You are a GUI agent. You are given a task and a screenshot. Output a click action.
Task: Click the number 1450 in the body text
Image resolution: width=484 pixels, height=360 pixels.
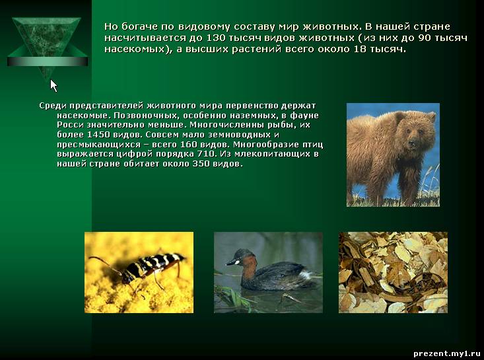click(100, 135)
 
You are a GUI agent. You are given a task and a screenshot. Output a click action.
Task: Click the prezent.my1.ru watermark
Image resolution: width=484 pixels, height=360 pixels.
click(446, 353)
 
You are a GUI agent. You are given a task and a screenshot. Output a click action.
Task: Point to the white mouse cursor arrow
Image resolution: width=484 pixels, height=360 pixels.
click(53, 85)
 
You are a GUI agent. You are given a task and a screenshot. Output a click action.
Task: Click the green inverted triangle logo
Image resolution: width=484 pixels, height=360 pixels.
click(48, 46)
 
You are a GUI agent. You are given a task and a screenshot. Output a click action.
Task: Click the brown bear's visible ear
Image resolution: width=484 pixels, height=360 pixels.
click(431, 116)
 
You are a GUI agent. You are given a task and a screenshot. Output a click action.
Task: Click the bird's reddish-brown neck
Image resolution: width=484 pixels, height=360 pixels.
click(248, 267)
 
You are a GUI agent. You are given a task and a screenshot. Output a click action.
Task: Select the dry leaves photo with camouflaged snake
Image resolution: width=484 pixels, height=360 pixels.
click(393, 272)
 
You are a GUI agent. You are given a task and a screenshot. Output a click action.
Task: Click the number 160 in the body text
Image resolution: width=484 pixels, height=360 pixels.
click(188, 145)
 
